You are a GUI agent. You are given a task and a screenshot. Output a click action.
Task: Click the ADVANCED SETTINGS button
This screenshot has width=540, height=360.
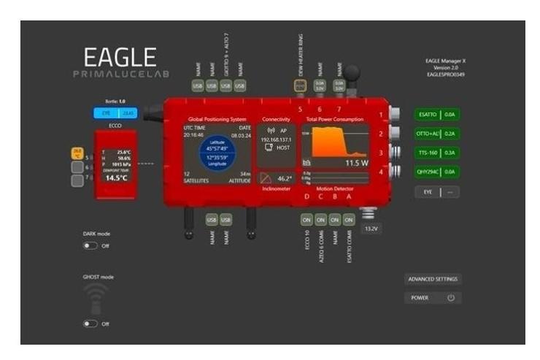click(433, 279)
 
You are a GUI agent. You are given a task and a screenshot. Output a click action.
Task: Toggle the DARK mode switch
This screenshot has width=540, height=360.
click(90, 246)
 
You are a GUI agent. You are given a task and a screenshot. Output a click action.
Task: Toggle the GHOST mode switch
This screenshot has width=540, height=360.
click(90, 323)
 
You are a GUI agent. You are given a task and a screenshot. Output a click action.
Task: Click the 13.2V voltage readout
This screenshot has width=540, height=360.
click(371, 229)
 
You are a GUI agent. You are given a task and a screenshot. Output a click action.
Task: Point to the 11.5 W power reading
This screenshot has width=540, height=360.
click(356, 162)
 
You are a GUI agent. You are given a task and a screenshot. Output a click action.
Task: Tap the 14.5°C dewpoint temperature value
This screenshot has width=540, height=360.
click(116, 177)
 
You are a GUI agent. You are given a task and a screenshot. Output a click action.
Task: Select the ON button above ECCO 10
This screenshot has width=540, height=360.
click(306, 219)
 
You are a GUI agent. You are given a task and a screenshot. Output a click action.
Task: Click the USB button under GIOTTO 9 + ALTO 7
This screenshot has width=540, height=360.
click(225, 86)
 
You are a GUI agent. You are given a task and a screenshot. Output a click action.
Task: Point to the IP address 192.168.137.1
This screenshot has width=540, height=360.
click(276, 139)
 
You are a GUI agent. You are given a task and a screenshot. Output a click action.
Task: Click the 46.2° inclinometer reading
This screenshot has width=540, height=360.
click(284, 178)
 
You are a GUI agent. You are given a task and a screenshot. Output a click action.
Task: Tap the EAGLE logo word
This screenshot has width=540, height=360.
click(120, 58)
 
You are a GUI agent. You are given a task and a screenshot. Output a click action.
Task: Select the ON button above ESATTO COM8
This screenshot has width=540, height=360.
click(349, 219)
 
